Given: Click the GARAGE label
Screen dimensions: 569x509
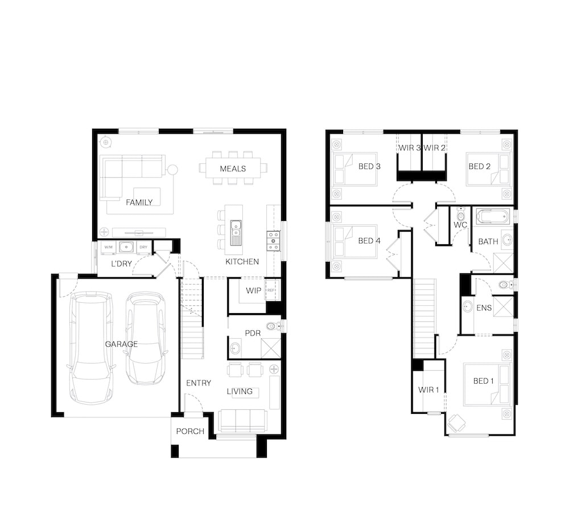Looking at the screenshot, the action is [x=121, y=344].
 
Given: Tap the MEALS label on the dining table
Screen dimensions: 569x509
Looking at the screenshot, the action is [x=233, y=169].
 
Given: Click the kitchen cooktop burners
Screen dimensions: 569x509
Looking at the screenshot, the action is [x=273, y=241].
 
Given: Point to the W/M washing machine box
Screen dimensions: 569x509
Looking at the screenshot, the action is [x=109, y=247].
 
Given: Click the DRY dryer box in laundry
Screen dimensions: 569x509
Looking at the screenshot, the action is [x=143, y=247].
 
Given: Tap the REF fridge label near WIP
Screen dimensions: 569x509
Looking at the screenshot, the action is [x=271, y=290].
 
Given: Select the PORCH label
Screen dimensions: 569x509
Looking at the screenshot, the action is [x=190, y=432].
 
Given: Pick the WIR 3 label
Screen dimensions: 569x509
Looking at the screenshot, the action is [x=409, y=148].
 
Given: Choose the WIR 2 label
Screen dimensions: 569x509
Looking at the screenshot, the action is [x=434, y=148].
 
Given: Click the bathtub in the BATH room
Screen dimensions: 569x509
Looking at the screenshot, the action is [x=493, y=217].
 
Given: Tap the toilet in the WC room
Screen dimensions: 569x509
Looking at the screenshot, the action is [x=461, y=215].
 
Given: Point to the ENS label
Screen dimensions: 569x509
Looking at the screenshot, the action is [x=484, y=308].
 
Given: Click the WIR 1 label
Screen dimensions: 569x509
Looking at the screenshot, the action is [x=428, y=390].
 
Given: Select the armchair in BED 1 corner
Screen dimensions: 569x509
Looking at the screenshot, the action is [x=456, y=423].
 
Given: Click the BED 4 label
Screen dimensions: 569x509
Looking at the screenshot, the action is [x=369, y=241].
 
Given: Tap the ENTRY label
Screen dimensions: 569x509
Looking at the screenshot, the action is [x=199, y=383].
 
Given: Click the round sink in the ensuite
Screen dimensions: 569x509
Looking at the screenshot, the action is [x=468, y=307].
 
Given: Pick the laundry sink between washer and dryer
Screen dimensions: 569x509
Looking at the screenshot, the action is [x=126, y=247].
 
